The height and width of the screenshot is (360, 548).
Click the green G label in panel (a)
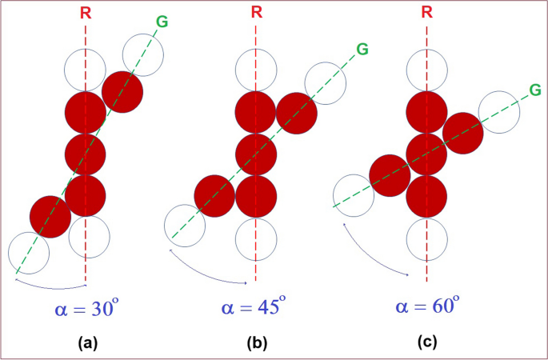tap(162, 21)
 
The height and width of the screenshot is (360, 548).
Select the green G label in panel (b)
tap(362, 49)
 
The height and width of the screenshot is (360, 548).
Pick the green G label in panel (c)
tap(534, 91)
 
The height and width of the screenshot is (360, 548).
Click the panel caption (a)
tap(87, 343)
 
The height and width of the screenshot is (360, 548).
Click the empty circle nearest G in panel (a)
tap(143, 54)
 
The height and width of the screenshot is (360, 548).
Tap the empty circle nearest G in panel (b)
tap(326, 82)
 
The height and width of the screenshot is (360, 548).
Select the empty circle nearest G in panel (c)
tap(499, 111)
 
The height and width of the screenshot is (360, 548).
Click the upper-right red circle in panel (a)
tap(122, 91)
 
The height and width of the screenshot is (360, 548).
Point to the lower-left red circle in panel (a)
tap(50, 216)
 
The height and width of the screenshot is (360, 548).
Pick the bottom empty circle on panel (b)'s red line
tap(256, 237)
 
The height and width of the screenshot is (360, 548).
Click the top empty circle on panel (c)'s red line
tap(426, 70)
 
